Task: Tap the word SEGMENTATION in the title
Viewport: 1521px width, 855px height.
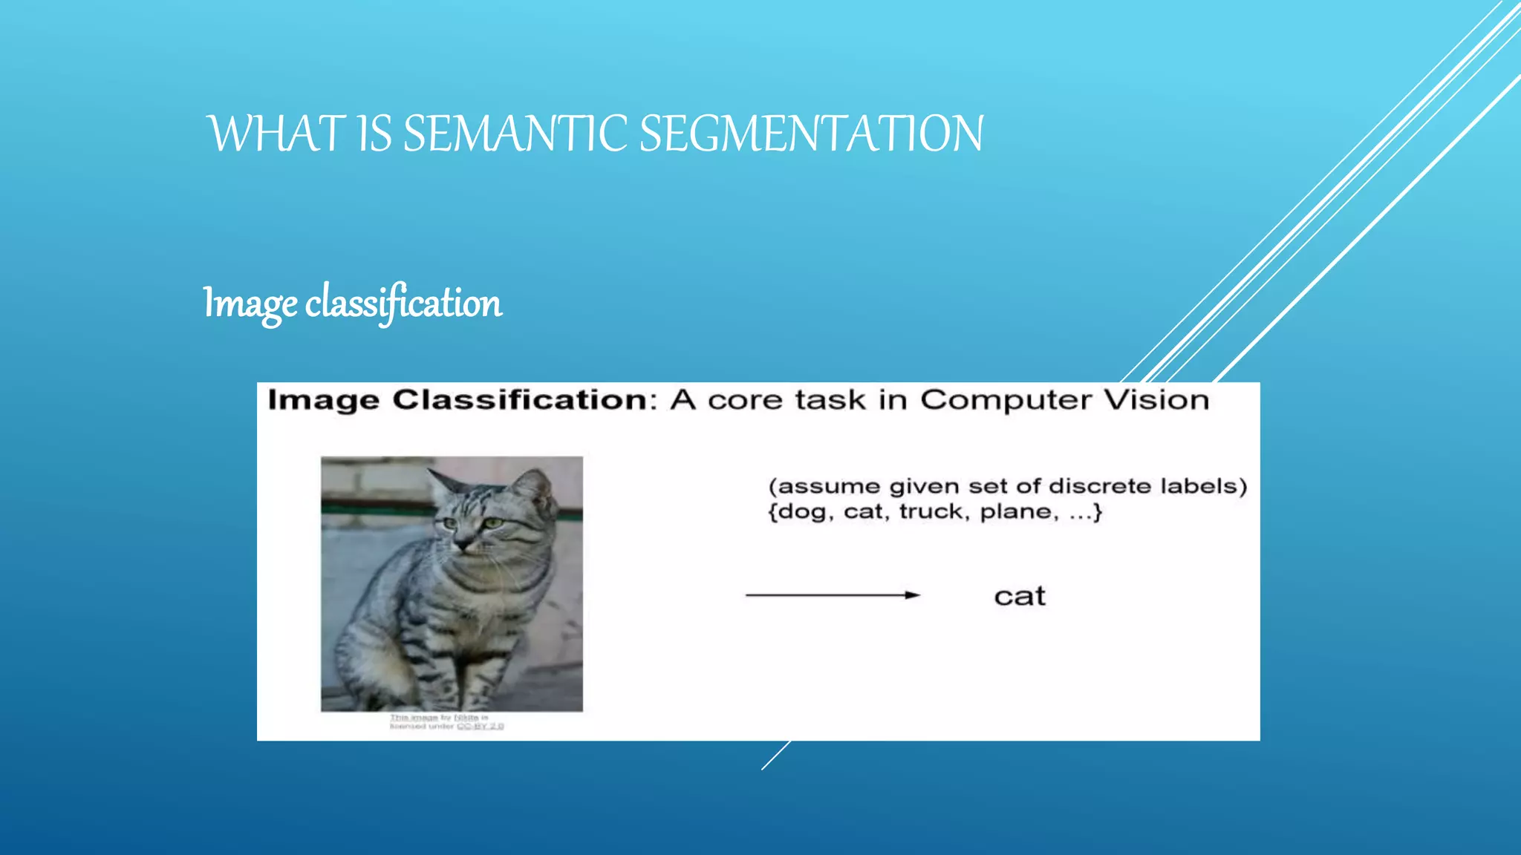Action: [x=811, y=134]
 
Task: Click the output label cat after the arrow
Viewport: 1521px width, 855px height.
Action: [x=1019, y=596]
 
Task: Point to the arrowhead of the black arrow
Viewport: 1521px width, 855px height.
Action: [x=913, y=594]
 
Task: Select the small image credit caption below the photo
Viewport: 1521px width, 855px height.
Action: [x=446, y=722]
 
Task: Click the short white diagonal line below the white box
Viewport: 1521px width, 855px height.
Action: [x=775, y=756]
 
